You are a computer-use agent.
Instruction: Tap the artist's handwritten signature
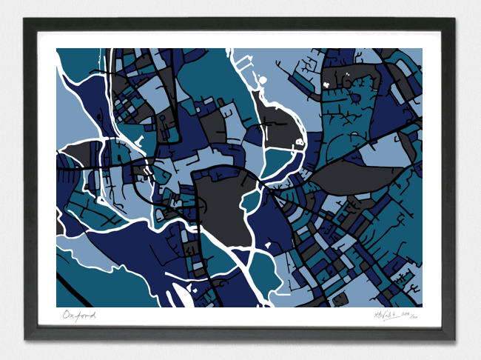click(x=386, y=316)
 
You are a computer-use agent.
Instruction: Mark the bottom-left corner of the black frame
click(x=25, y=340)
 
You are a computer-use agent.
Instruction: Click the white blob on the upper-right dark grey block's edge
click(x=326, y=84)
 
